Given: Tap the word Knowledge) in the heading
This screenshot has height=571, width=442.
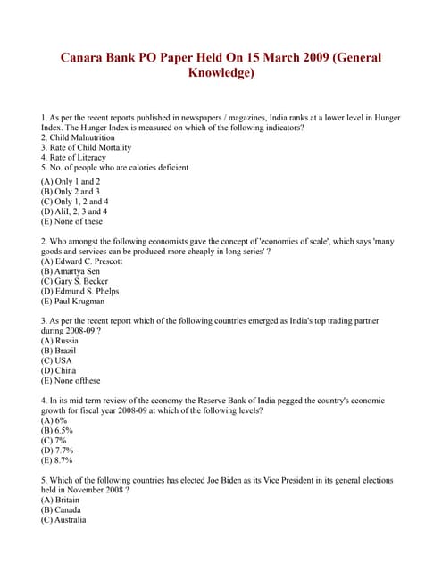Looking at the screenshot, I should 221,73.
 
